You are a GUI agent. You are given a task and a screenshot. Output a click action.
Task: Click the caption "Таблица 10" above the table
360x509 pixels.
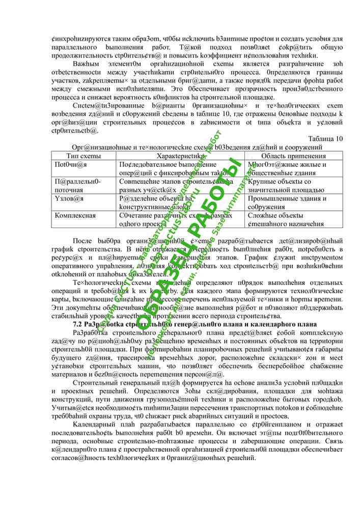(326, 138)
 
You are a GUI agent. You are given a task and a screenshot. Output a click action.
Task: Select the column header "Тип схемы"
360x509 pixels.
(84, 156)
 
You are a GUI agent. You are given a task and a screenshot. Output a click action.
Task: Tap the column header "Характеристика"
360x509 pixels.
(180, 156)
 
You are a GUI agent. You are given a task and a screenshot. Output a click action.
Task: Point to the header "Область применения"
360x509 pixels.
(293, 156)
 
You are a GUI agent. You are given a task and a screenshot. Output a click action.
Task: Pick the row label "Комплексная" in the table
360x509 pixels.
(75, 215)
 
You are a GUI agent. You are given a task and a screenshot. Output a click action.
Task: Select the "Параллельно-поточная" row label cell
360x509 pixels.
(77, 185)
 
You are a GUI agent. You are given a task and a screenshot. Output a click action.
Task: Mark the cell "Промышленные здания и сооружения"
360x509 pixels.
(287, 203)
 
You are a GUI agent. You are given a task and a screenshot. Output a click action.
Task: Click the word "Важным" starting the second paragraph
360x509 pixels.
(85, 64)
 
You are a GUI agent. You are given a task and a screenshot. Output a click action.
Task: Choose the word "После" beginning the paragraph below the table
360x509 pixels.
(82, 240)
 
